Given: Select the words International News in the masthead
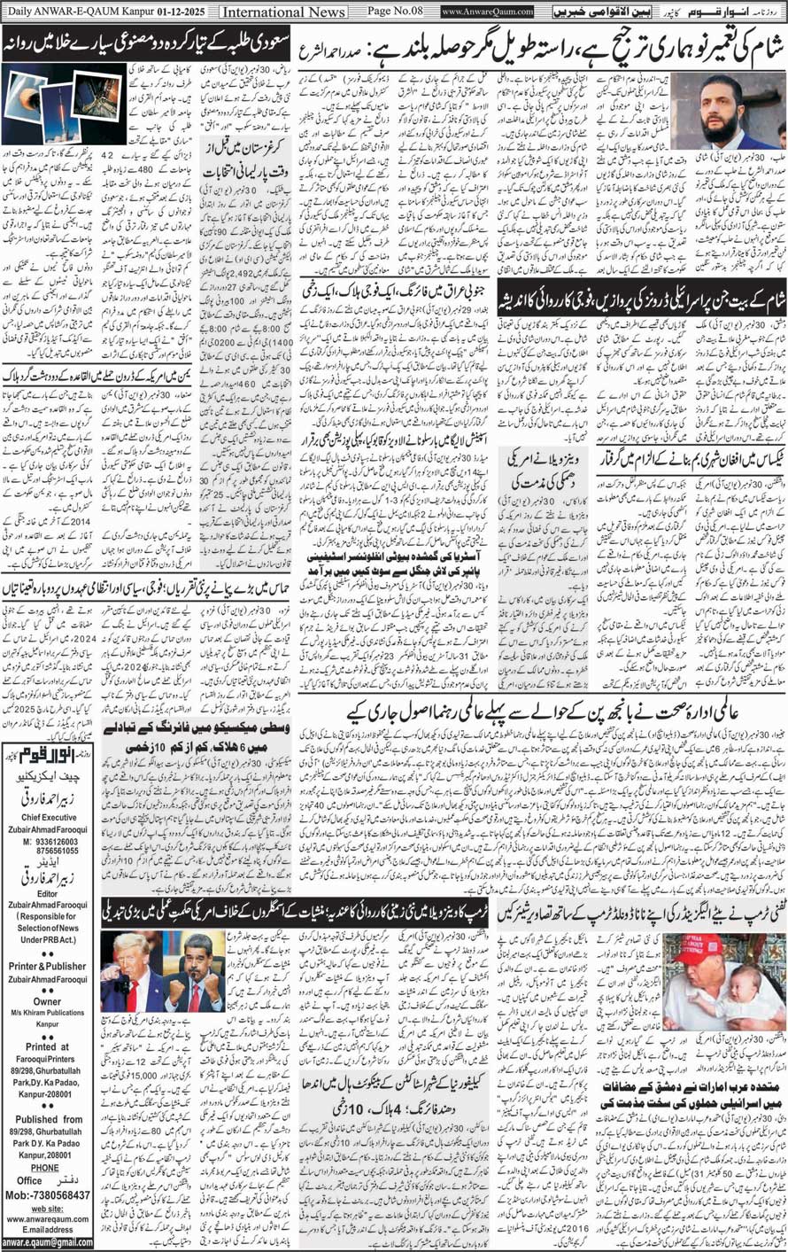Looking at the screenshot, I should tap(283, 12).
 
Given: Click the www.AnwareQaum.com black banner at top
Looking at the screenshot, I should tap(487, 12).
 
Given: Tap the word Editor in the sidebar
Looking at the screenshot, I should tap(49, 893).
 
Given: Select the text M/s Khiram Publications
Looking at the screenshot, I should tap(49, 1013).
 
